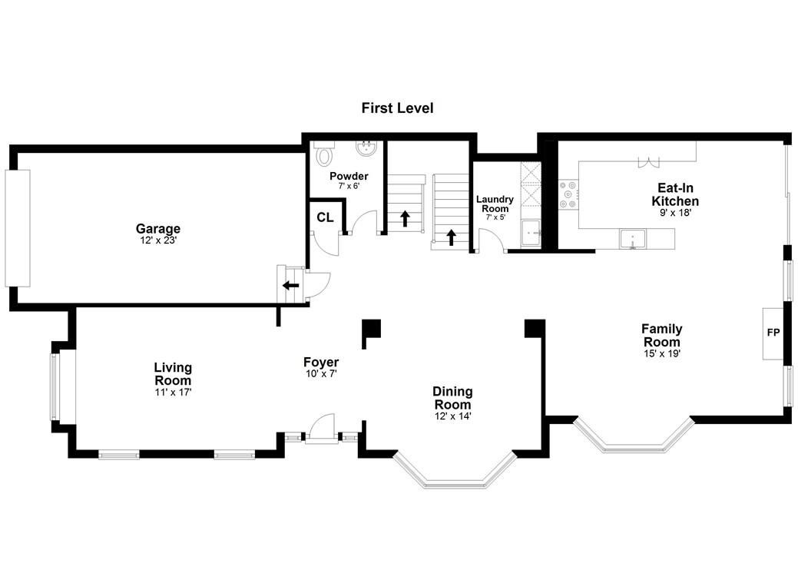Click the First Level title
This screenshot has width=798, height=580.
398,108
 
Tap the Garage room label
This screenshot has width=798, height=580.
157,229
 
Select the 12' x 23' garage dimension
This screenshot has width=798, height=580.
158,240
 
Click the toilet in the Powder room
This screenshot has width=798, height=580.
324,154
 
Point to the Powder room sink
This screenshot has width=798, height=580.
366,149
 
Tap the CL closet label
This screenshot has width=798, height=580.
325,217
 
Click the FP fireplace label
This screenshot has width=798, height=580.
773,333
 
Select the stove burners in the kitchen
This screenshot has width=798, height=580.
568,194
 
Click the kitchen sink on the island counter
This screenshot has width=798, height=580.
632,239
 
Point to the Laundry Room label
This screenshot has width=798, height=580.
495,204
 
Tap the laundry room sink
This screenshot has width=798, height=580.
531,234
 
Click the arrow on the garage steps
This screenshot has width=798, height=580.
291,285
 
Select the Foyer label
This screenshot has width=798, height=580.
321,362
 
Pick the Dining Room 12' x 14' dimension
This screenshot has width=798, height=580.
453,416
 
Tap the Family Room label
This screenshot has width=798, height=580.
661,335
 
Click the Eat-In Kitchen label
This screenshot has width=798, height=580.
675,194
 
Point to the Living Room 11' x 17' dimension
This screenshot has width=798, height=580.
173,392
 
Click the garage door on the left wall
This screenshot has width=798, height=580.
18,228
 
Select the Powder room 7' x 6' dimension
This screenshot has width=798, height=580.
349,186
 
